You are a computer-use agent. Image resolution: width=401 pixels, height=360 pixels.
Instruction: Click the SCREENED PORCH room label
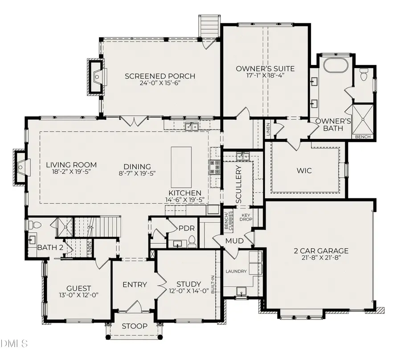[x=160, y=76]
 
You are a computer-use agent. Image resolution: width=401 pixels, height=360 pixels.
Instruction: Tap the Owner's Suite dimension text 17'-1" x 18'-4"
[x=265, y=75]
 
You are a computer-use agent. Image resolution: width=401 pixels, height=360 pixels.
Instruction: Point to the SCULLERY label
[x=238, y=184]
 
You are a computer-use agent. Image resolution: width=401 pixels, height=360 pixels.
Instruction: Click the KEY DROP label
[x=246, y=218]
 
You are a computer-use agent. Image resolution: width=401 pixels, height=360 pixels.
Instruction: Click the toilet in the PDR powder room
[x=192, y=242]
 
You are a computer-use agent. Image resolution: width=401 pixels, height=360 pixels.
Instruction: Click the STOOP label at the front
[x=135, y=327]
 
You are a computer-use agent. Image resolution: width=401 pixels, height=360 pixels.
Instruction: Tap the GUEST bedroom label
[x=78, y=288]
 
